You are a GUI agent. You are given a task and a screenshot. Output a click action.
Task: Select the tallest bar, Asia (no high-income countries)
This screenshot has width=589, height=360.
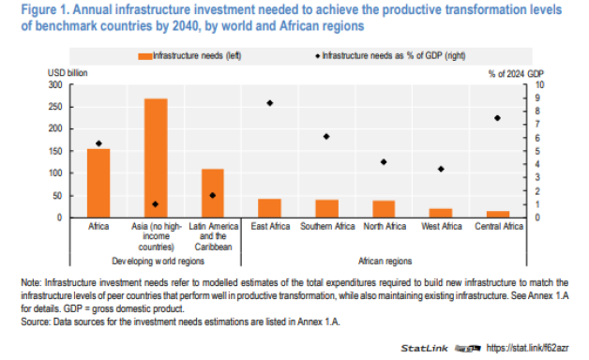[156, 158]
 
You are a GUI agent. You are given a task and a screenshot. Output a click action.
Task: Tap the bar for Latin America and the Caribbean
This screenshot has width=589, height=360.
[213, 193]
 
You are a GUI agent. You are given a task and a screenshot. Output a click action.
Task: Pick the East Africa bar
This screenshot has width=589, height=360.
[270, 208]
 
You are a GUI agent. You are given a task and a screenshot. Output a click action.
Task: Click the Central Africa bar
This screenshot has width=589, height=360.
[498, 214]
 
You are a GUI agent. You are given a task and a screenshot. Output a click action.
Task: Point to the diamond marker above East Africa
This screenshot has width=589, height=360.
[270, 102]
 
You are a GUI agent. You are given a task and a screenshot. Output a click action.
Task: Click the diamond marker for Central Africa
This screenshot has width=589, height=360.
[498, 118]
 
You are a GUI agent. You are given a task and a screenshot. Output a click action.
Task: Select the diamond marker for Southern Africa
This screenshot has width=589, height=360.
[326, 136]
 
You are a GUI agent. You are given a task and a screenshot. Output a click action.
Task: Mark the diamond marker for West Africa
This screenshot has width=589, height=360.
[441, 169]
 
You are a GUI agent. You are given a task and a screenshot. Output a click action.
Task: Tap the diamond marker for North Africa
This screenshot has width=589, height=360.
[384, 162]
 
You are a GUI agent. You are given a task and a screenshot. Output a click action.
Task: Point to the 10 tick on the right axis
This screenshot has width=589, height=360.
[538, 84]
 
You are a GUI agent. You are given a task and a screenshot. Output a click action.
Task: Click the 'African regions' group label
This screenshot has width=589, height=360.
[385, 260]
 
